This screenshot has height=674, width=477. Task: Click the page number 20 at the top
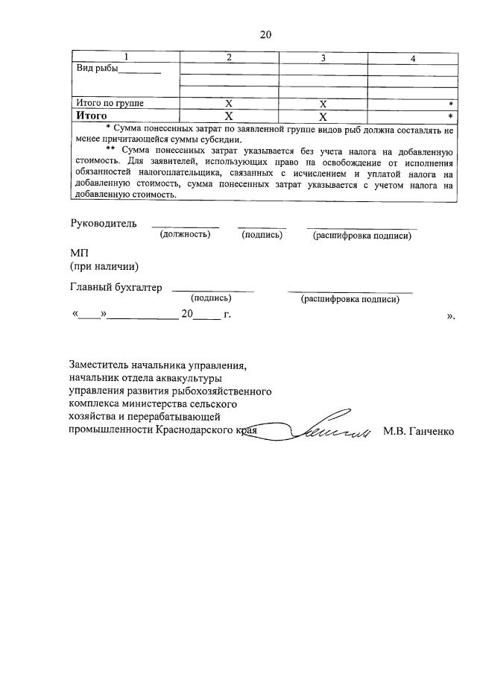tap(265, 34)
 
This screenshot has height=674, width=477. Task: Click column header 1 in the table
tap(126, 58)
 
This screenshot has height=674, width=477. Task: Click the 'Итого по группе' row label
tap(110, 103)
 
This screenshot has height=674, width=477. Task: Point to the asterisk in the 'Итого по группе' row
tap(451, 104)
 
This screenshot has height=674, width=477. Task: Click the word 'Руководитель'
tap(104, 223)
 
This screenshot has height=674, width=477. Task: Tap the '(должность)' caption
tap(185, 235)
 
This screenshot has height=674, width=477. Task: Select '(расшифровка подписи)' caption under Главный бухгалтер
tap(350, 300)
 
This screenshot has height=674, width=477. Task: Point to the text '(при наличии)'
tap(104, 266)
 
